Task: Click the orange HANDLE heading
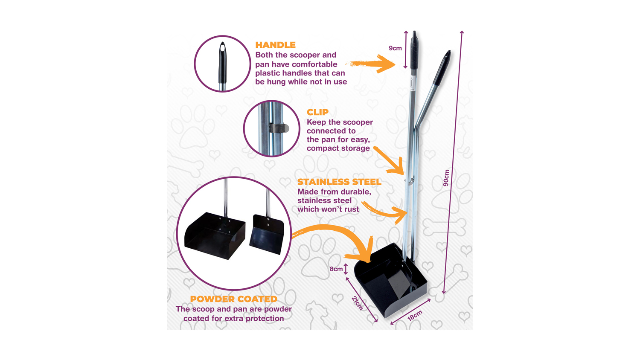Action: (x=276, y=45)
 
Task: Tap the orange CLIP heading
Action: (x=317, y=112)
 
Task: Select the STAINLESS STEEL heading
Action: (x=340, y=182)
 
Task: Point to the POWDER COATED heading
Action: (x=234, y=299)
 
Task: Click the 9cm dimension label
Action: (x=395, y=48)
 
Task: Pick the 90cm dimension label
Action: (x=446, y=178)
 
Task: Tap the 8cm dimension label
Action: (x=336, y=269)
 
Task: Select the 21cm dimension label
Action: (x=357, y=303)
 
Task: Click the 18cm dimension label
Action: (x=415, y=316)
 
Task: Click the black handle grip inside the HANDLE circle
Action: (x=222, y=63)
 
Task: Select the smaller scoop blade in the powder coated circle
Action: (x=267, y=234)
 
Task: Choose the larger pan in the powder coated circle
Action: (x=215, y=235)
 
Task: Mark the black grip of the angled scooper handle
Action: (x=442, y=68)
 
